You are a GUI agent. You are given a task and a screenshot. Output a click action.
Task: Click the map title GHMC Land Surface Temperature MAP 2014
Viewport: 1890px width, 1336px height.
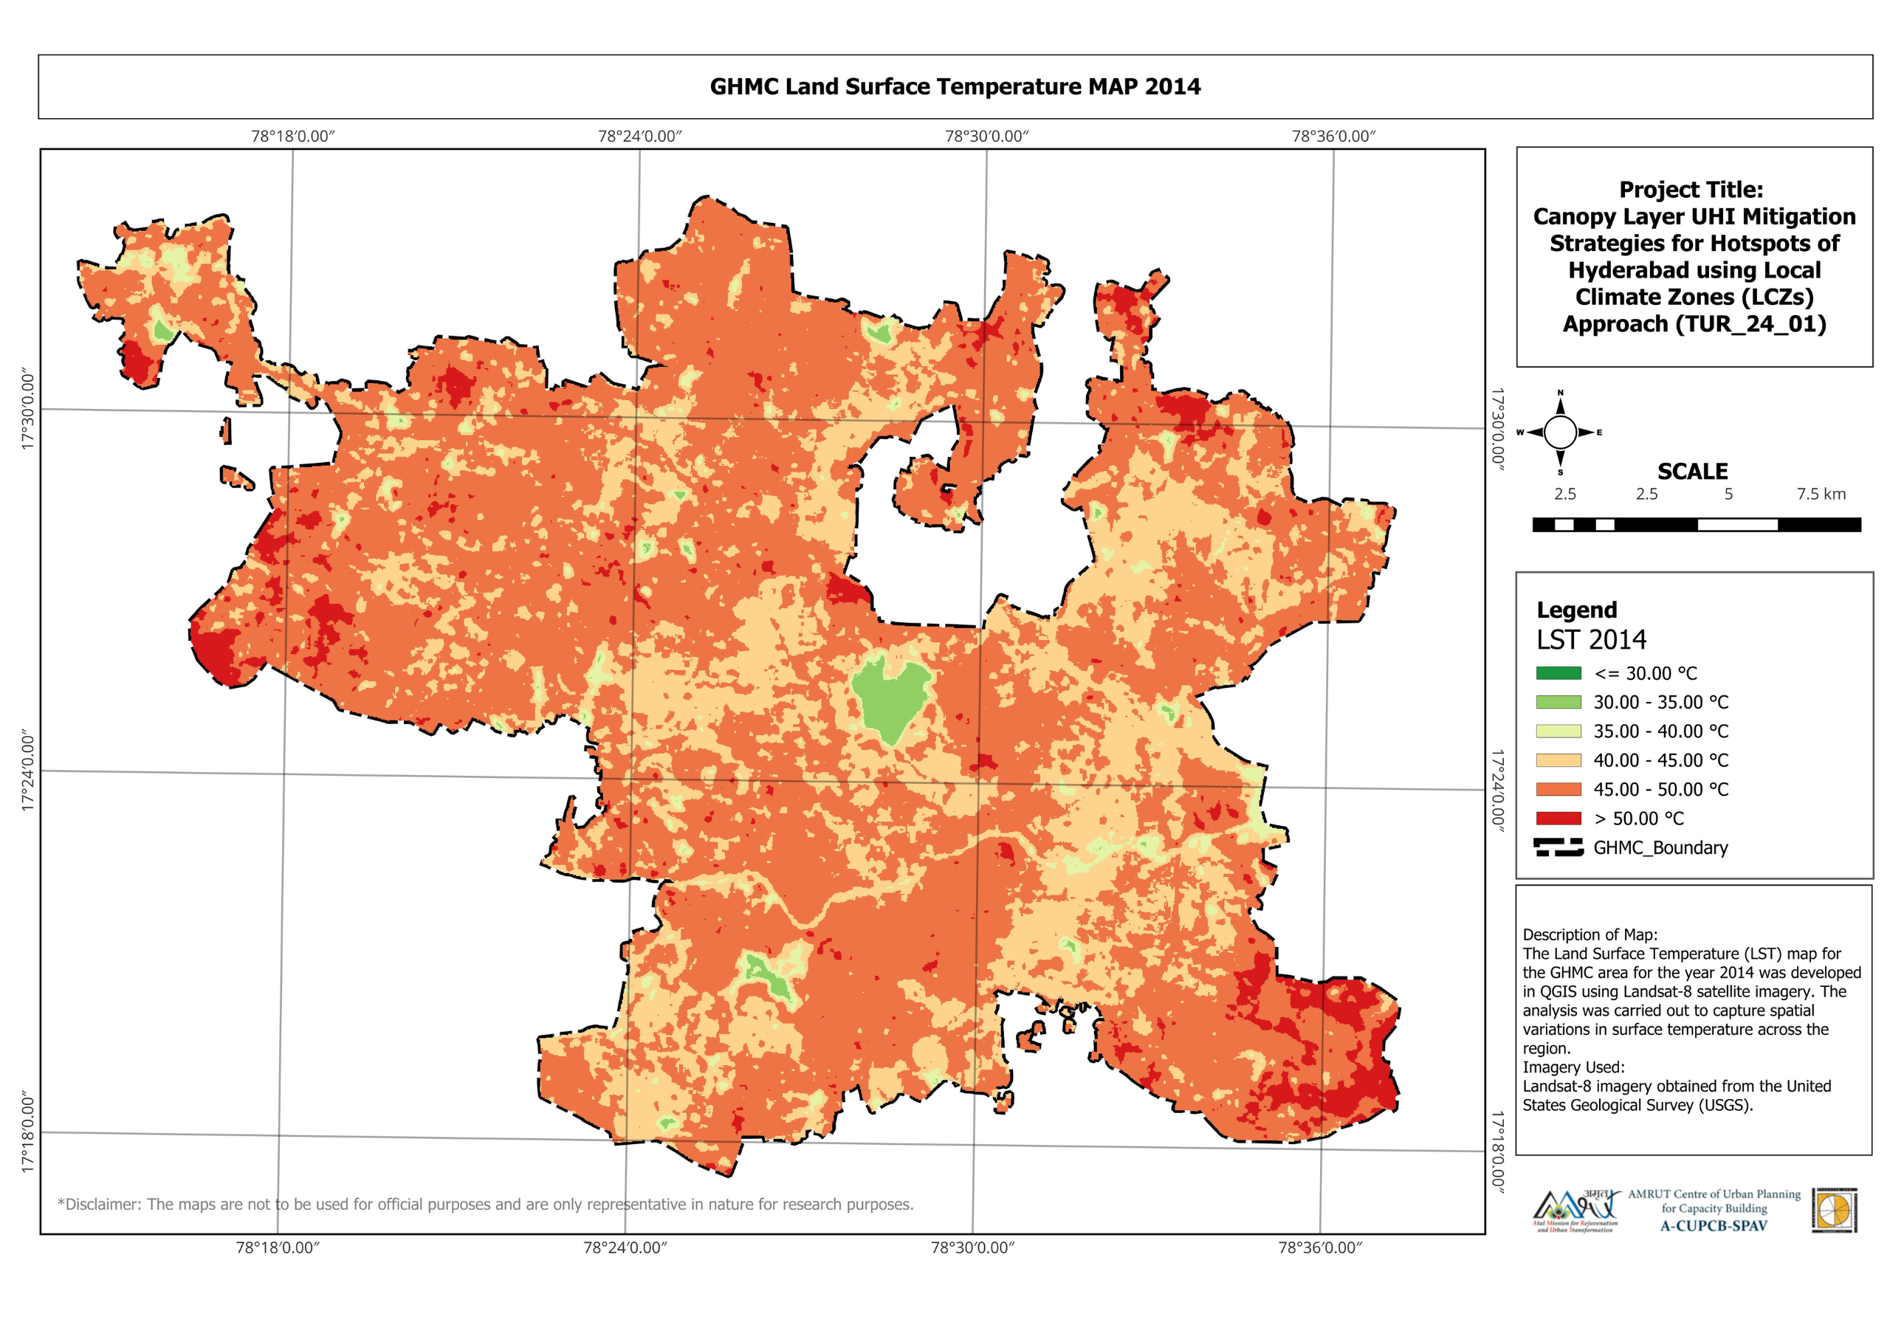tap(955, 86)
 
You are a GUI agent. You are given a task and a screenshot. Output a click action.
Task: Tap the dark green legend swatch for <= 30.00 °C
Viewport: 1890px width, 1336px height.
tap(1559, 673)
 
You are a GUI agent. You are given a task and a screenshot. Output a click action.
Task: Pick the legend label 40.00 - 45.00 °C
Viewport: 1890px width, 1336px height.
tap(1660, 760)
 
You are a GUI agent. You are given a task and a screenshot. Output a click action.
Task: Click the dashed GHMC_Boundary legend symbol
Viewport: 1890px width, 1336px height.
tap(1559, 848)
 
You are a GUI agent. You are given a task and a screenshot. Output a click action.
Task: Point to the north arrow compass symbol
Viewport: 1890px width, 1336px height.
tap(1560, 432)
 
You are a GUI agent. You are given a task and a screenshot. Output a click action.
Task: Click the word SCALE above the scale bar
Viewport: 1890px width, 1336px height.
tap(1692, 472)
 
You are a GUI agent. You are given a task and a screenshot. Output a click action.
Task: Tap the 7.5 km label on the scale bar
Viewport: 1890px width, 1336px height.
tap(1821, 494)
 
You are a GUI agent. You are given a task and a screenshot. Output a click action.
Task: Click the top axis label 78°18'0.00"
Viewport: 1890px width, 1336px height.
tap(293, 136)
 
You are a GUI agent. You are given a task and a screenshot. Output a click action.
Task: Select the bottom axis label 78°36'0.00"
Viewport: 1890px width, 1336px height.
tap(1319, 1248)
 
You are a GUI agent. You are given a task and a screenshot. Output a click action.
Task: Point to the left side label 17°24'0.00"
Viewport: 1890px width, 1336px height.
tap(28, 771)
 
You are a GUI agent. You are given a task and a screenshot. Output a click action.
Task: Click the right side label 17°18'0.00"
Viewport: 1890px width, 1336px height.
tap(1498, 1151)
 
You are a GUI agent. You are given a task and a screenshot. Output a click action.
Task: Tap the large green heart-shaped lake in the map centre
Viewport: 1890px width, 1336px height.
tap(889, 695)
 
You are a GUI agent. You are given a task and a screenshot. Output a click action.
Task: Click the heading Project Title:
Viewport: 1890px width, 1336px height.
tap(1691, 190)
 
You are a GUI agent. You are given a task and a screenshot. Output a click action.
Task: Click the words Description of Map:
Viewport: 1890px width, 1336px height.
tap(1590, 934)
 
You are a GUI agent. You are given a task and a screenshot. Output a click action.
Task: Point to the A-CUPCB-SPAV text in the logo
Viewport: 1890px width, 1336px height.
tap(1713, 1226)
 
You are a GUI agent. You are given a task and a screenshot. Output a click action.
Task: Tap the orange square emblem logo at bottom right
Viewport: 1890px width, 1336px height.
tap(1834, 1210)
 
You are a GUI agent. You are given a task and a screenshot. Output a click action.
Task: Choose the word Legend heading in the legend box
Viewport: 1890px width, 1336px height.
tap(1576, 610)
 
